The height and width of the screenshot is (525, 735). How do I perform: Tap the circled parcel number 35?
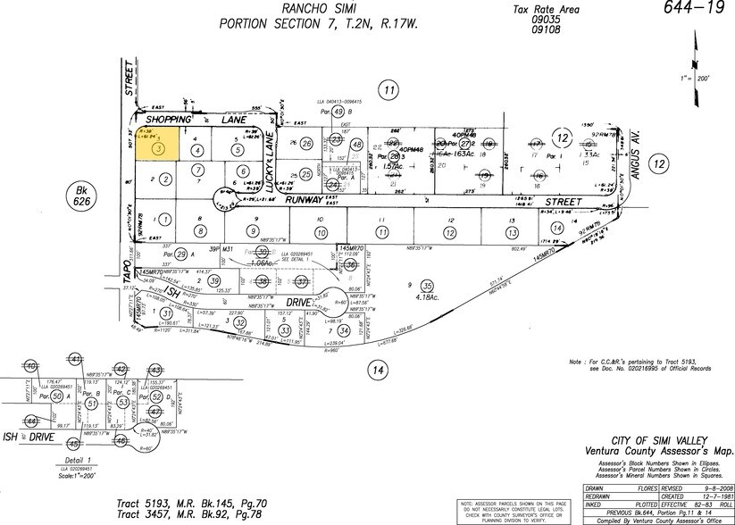pos(427,287)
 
